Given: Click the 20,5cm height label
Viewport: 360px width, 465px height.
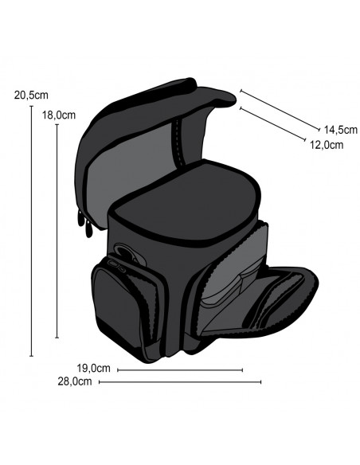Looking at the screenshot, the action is pos(31,96).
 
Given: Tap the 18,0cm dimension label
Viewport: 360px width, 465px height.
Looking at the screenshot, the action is pos(59,115).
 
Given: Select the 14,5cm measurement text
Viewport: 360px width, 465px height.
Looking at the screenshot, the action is pos(340,130).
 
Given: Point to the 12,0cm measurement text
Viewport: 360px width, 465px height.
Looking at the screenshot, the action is pos(327,145).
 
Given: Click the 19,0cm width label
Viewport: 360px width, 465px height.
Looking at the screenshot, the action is pos(93,368).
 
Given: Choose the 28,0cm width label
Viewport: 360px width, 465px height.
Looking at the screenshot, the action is pos(75,381).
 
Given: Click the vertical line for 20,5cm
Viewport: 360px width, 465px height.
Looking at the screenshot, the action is pos(31,231).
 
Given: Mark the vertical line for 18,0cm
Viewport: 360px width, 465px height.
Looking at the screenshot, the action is pos(57,231).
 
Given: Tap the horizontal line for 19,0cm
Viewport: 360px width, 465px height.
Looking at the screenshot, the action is pos(180,369).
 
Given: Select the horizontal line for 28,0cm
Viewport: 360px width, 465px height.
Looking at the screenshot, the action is pos(180,382).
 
